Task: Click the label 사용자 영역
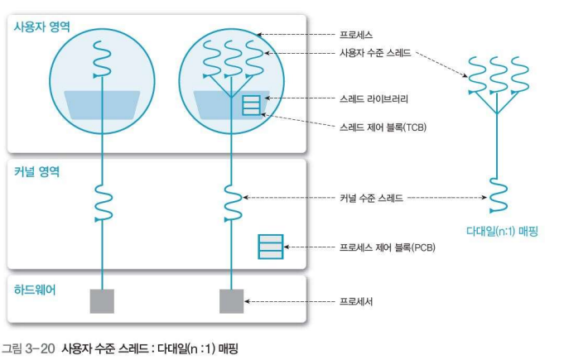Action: coord(41,27)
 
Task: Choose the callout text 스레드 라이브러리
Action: coord(374,98)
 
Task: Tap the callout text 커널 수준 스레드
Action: coord(372,198)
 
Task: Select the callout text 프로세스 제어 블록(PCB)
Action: coord(388,247)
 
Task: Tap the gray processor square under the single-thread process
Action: coord(101,301)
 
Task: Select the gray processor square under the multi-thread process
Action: coord(231,301)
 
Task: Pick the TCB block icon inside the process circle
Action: coord(251,104)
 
